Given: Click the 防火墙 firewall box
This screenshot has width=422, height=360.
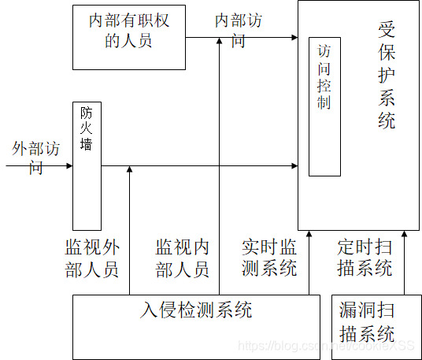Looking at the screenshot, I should coord(87,165).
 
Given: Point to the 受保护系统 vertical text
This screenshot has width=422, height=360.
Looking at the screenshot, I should coord(386,76).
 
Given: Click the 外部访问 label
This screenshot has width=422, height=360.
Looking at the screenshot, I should coord(36,157).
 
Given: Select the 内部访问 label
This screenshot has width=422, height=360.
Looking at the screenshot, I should coord(238,30).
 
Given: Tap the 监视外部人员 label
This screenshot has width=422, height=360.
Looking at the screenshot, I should coord(91,257).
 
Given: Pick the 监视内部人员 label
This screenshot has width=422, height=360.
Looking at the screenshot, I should coord(183,257).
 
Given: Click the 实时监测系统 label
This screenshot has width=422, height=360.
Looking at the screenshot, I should coord(269,257).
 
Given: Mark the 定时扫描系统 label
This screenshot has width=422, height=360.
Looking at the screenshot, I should coord(365,257).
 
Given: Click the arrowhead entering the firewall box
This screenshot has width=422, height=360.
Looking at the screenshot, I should coord(69,166).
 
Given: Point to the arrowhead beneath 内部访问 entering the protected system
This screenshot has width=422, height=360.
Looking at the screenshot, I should coord(294,37).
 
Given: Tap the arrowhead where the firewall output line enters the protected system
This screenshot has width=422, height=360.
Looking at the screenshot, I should coord(294,166).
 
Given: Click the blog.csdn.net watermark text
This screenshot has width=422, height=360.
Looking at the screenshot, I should coord(326,346).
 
